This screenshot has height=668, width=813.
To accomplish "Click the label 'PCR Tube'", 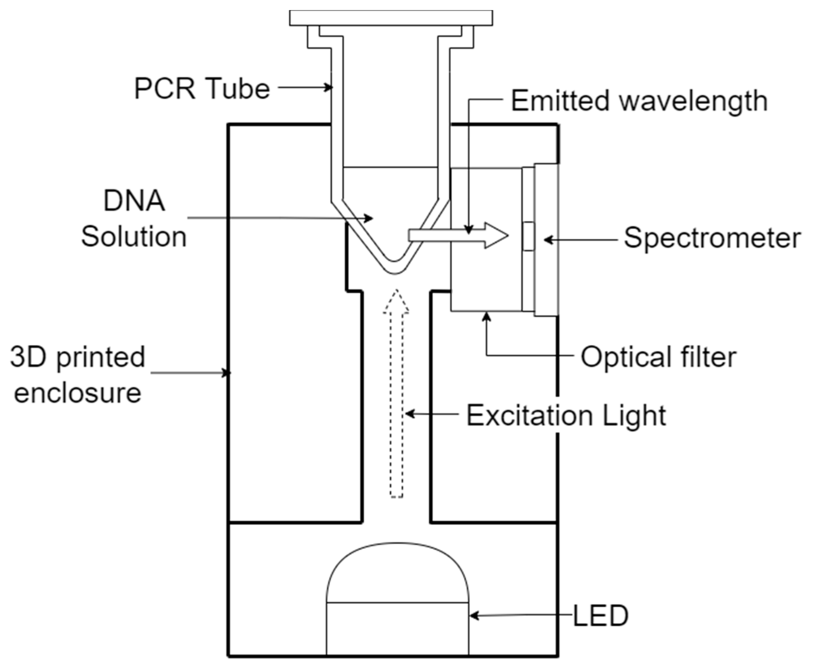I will pos(202,89).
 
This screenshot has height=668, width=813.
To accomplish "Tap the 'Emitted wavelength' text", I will pos(639,101).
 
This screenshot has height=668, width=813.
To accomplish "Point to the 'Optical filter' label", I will pos(658,357).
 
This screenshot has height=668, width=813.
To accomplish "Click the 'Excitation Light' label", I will pos(566,415).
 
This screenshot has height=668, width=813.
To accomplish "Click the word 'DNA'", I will pos(134,201).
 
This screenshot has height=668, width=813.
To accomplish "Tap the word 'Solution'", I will pos(133,237).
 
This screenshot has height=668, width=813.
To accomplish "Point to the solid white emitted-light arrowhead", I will pos(496,235).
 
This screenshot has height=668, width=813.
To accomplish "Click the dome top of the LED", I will pos(397,570).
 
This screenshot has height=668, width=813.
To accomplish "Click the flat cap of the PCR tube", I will pos(391,18).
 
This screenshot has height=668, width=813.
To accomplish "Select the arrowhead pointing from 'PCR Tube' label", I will pos(328,88).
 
